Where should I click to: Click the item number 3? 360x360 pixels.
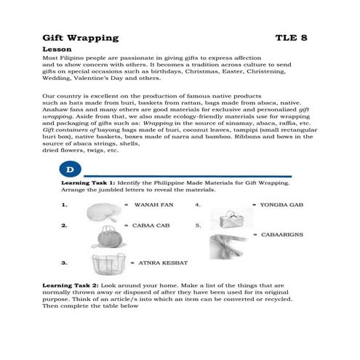tap(65, 260)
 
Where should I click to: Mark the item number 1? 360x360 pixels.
tap(65, 205)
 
